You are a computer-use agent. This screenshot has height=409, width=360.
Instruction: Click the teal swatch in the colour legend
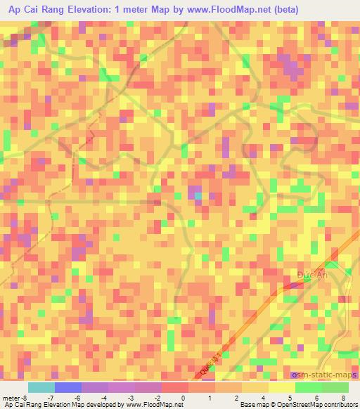[41, 387]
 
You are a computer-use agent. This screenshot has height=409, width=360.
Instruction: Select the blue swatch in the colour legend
[67, 387]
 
